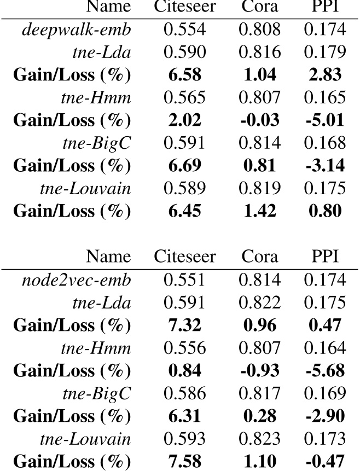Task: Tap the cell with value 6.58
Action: (x=184, y=74)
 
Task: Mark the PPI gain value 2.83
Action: (x=326, y=74)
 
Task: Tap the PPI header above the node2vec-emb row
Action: (x=326, y=256)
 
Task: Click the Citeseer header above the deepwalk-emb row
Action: (x=184, y=7)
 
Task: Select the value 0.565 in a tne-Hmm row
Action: (x=184, y=97)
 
